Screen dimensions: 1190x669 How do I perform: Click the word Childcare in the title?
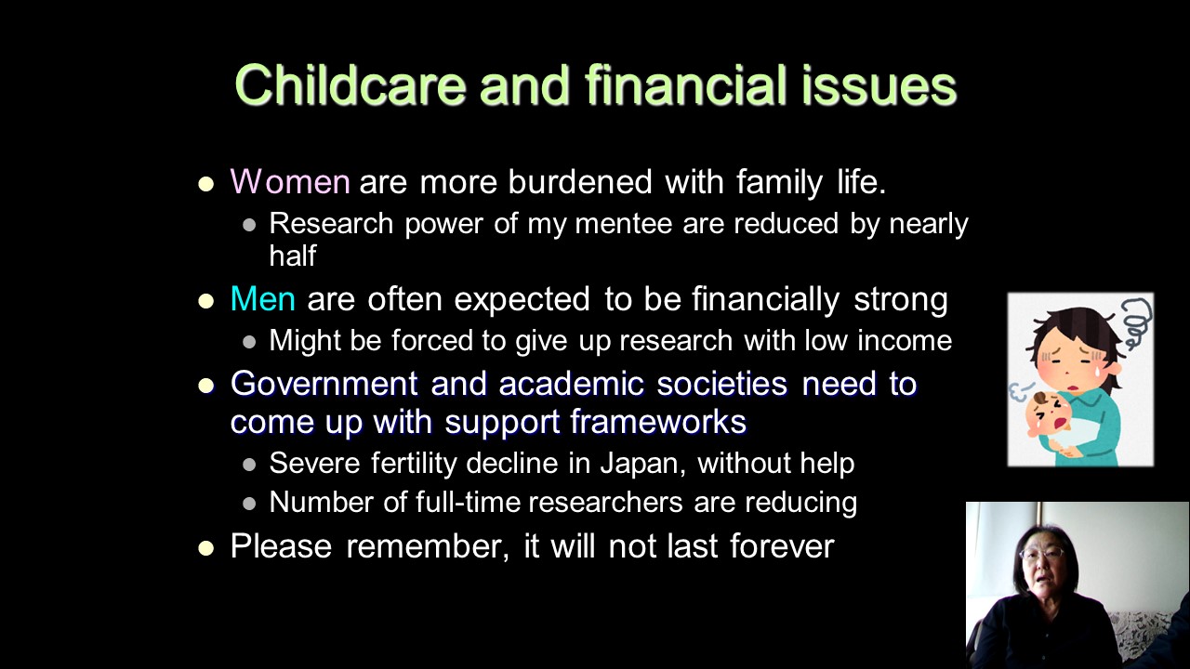[350, 85]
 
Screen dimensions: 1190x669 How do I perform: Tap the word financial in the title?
[686, 85]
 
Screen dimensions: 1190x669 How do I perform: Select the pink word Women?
[290, 181]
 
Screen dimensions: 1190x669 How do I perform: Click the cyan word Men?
[262, 298]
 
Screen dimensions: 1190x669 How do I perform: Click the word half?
[293, 256]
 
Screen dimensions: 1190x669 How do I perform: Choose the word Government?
[324, 384]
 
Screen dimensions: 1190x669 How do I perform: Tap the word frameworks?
[659, 422]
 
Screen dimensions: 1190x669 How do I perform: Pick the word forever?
[782, 545]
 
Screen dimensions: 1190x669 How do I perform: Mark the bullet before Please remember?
[205, 548]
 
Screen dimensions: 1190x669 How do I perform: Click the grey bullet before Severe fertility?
[249, 466]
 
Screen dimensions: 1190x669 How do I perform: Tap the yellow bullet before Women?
[205, 184]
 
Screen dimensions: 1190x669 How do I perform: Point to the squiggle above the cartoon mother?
[1136, 321]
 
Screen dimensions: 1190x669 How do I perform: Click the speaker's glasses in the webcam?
[1043, 553]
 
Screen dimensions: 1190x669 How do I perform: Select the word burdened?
[579, 181]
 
